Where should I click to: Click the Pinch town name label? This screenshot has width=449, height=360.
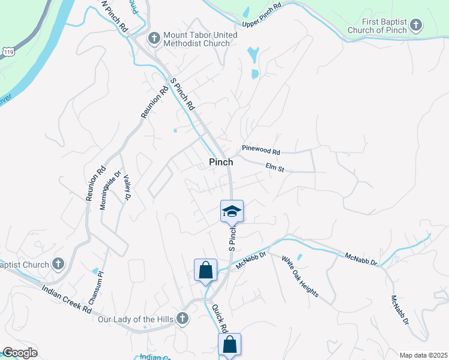(x=221, y=162)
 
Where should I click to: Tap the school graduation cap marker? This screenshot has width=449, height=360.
(x=232, y=211)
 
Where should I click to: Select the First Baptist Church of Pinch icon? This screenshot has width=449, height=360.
(x=415, y=26)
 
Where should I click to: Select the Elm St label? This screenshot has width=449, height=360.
(x=274, y=169)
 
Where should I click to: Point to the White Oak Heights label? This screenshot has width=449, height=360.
(x=300, y=280)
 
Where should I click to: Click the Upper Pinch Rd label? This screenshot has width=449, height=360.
(x=262, y=16)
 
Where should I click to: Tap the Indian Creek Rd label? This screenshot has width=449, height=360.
(x=67, y=299)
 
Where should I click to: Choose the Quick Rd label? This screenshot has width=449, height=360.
(x=220, y=319)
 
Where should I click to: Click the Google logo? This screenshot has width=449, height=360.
(x=19, y=353)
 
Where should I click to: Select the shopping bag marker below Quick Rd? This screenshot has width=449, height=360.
(x=229, y=345)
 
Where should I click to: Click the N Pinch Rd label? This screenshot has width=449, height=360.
(x=115, y=16)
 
